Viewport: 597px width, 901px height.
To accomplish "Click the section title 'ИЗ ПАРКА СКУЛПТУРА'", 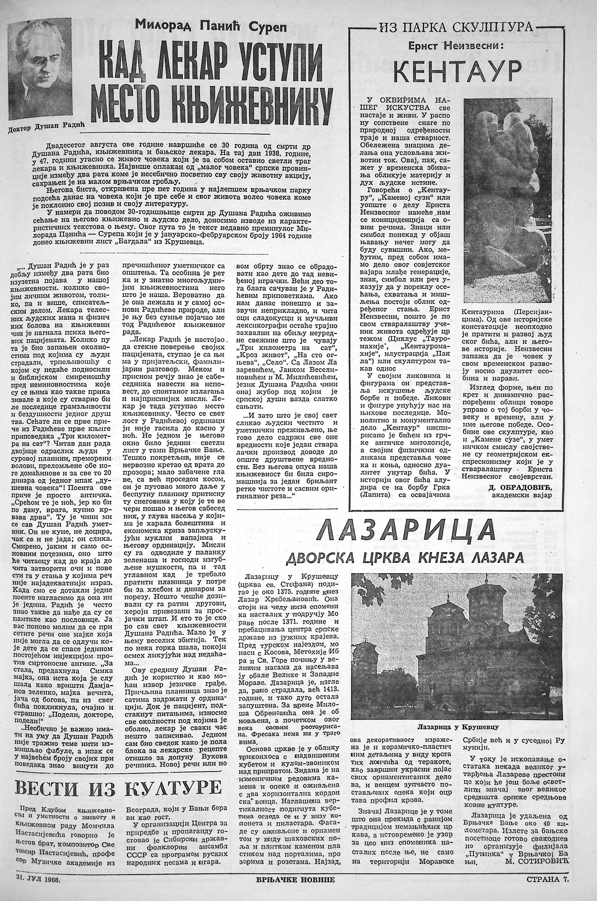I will (x=455, y=28).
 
